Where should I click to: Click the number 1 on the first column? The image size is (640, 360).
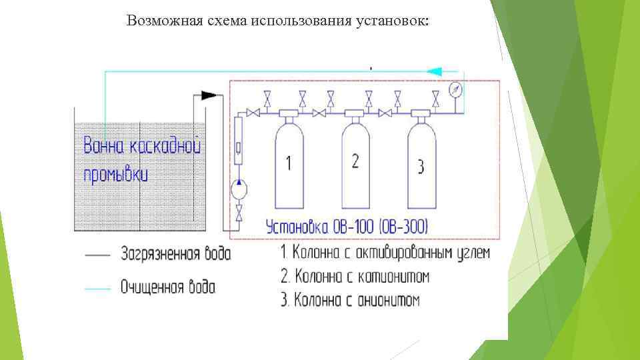click(x=288, y=163)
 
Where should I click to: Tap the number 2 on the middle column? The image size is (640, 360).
click(x=355, y=161)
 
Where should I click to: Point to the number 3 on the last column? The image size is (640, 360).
click(x=421, y=166)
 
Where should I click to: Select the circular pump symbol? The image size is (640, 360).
click(x=238, y=190)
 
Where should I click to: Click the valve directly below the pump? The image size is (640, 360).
click(x=239, y=213)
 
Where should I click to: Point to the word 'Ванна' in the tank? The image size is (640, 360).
click(x=104, y=145)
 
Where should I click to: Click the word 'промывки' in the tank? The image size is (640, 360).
click(x=115, y=174)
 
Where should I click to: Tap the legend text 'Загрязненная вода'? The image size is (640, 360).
click(x=176, y=254)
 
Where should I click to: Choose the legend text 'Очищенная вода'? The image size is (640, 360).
click(x=168, y=287)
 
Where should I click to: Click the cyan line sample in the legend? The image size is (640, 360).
click(x=97, y=287)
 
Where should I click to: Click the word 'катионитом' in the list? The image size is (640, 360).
click(x=389, y=276)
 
